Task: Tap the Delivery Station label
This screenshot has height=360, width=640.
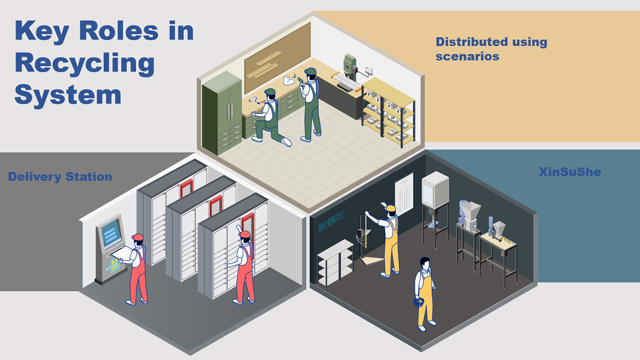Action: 60,177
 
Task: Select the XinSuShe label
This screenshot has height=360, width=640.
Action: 569,172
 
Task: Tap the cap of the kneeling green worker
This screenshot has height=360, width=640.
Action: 270,93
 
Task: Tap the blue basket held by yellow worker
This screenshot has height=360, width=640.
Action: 419,302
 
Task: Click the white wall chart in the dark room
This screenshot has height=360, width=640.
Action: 404,195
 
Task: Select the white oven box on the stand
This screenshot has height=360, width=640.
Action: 435,188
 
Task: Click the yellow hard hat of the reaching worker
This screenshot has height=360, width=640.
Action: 390,208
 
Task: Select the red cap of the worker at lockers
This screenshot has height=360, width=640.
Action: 245,234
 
